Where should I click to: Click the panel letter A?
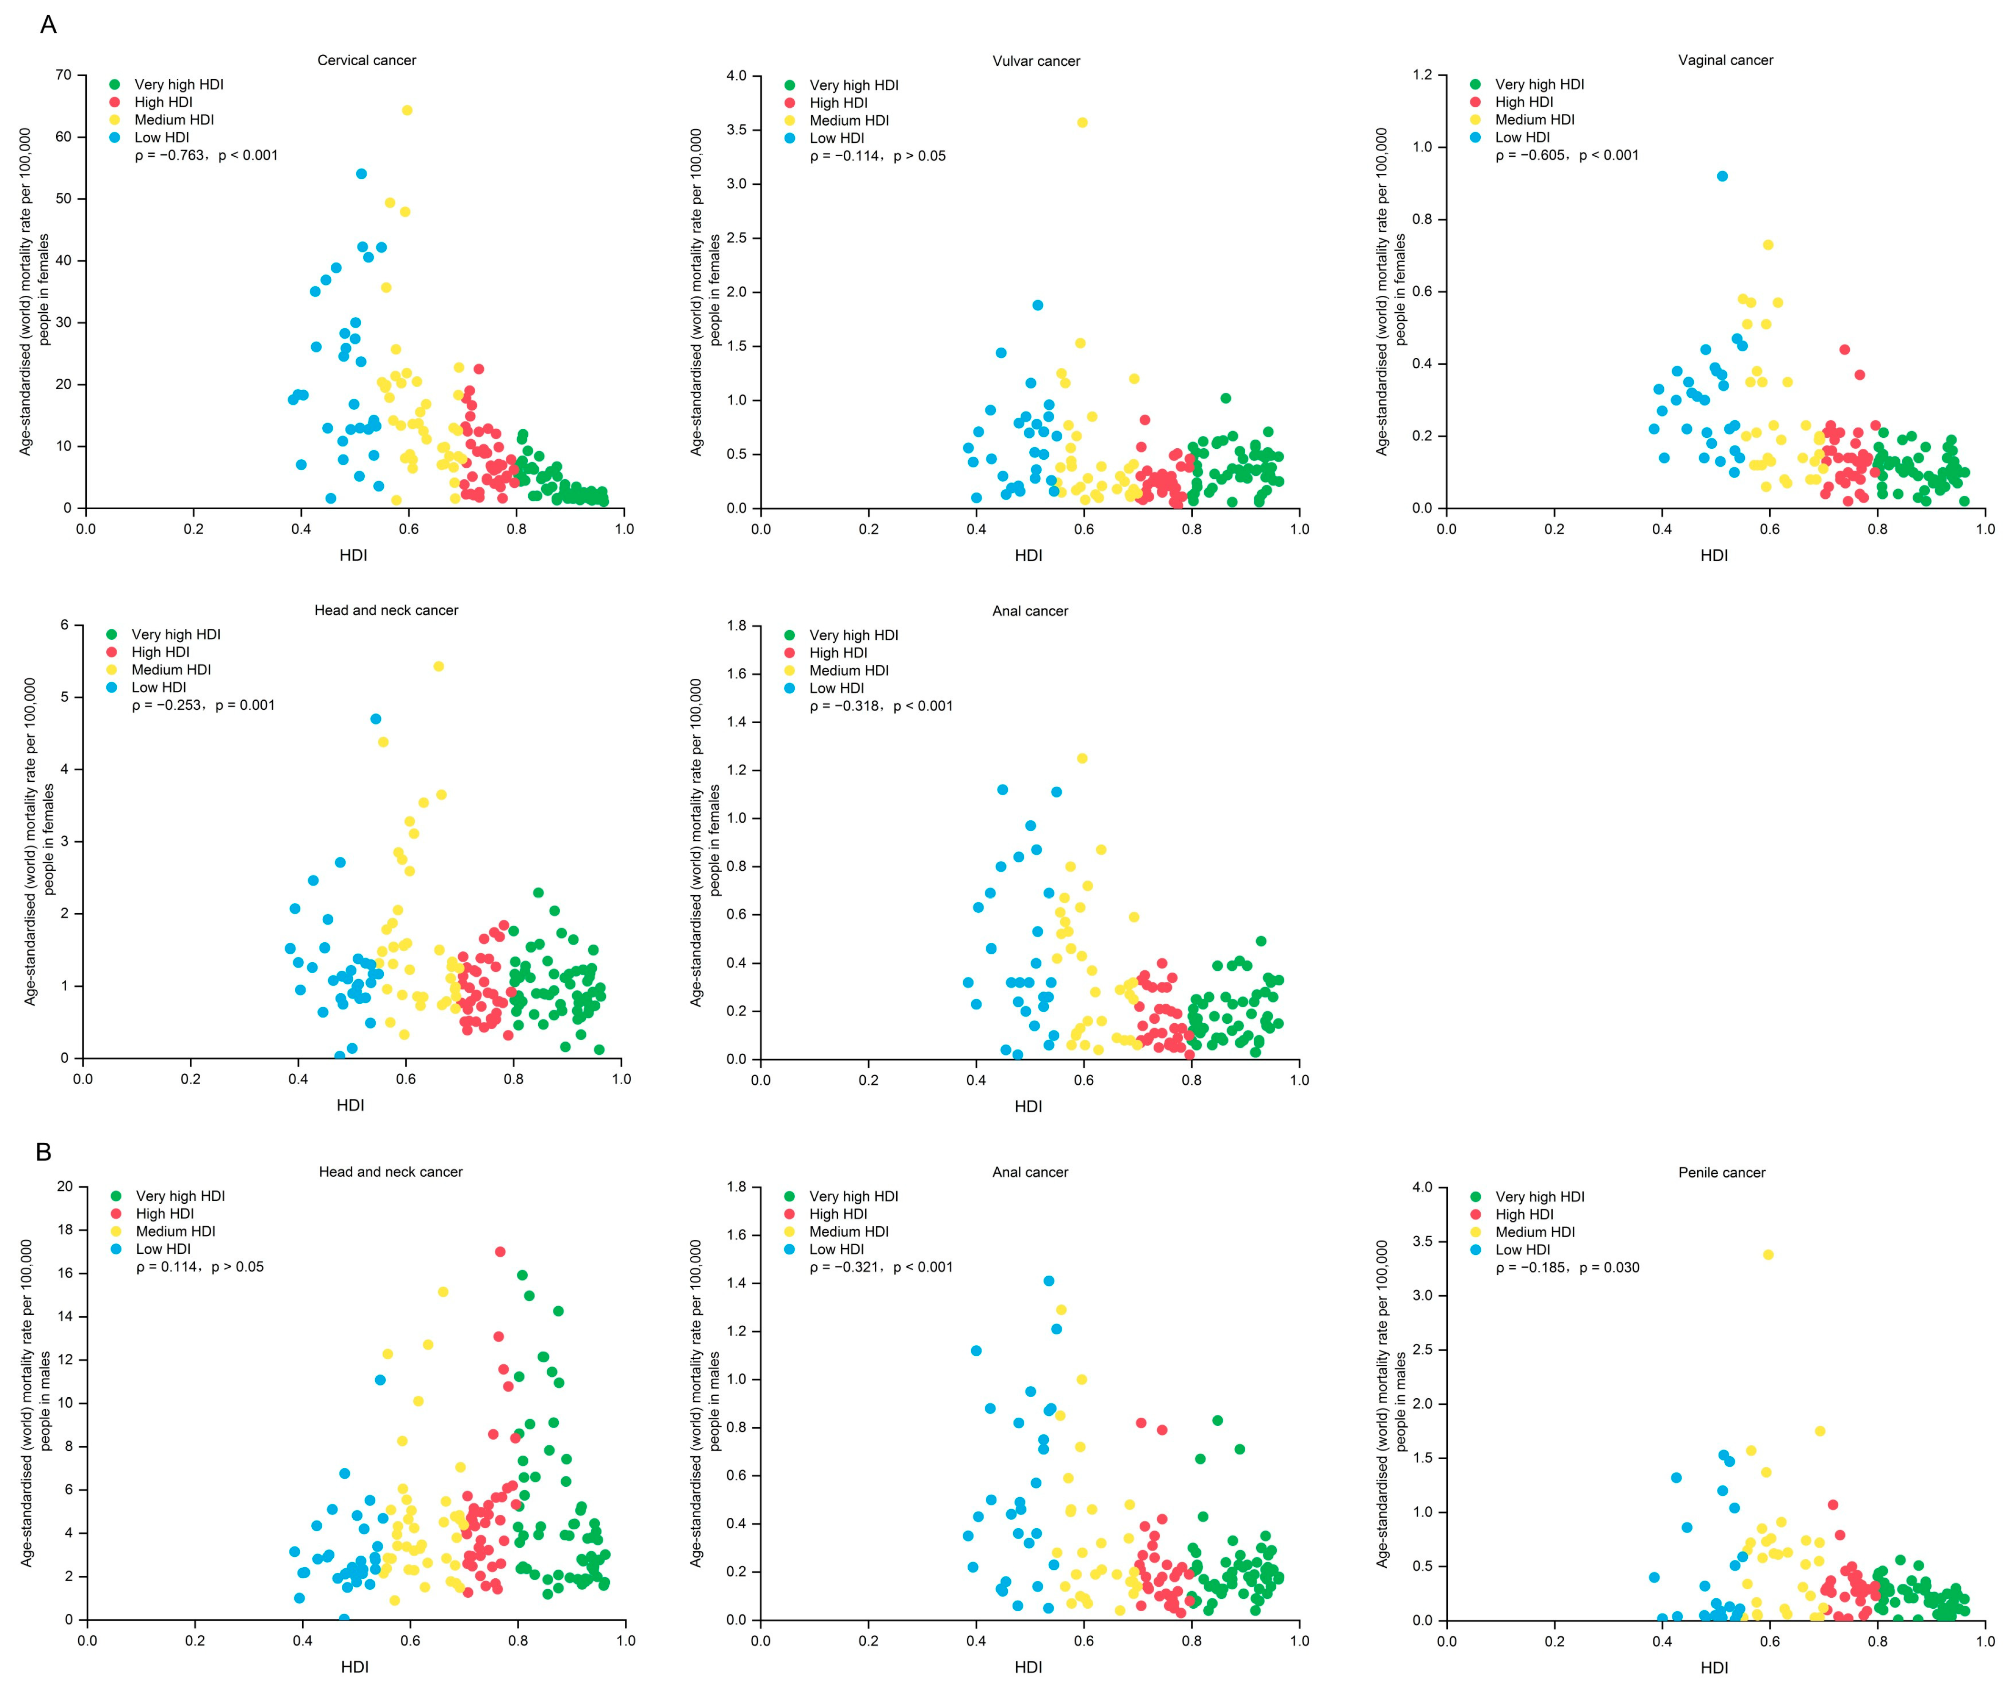click(x=48, y=25)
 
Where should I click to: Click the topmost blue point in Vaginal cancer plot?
click(x=1722, y=176)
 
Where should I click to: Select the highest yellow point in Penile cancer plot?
click(x=1768, y=1255)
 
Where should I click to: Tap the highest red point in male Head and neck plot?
click(x=500, y=1252)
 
